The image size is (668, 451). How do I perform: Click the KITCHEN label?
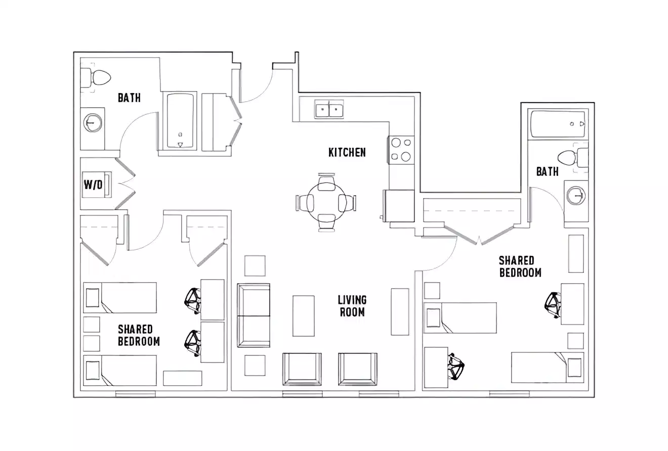point(347,152)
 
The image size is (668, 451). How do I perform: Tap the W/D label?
point(93,185)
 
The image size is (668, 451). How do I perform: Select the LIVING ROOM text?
point(352,306)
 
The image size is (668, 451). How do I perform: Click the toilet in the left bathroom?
point(99,78)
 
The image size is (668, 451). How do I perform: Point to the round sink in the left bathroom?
point(93,123)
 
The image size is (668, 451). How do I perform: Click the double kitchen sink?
point(329,109)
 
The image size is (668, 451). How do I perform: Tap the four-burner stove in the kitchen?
point(401,150)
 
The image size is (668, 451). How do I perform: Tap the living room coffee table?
point(304,316)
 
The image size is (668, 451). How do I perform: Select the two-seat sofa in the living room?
point(254,315)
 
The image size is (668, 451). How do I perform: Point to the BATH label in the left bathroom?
point(129,98)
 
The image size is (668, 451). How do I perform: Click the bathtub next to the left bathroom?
point(180,121)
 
